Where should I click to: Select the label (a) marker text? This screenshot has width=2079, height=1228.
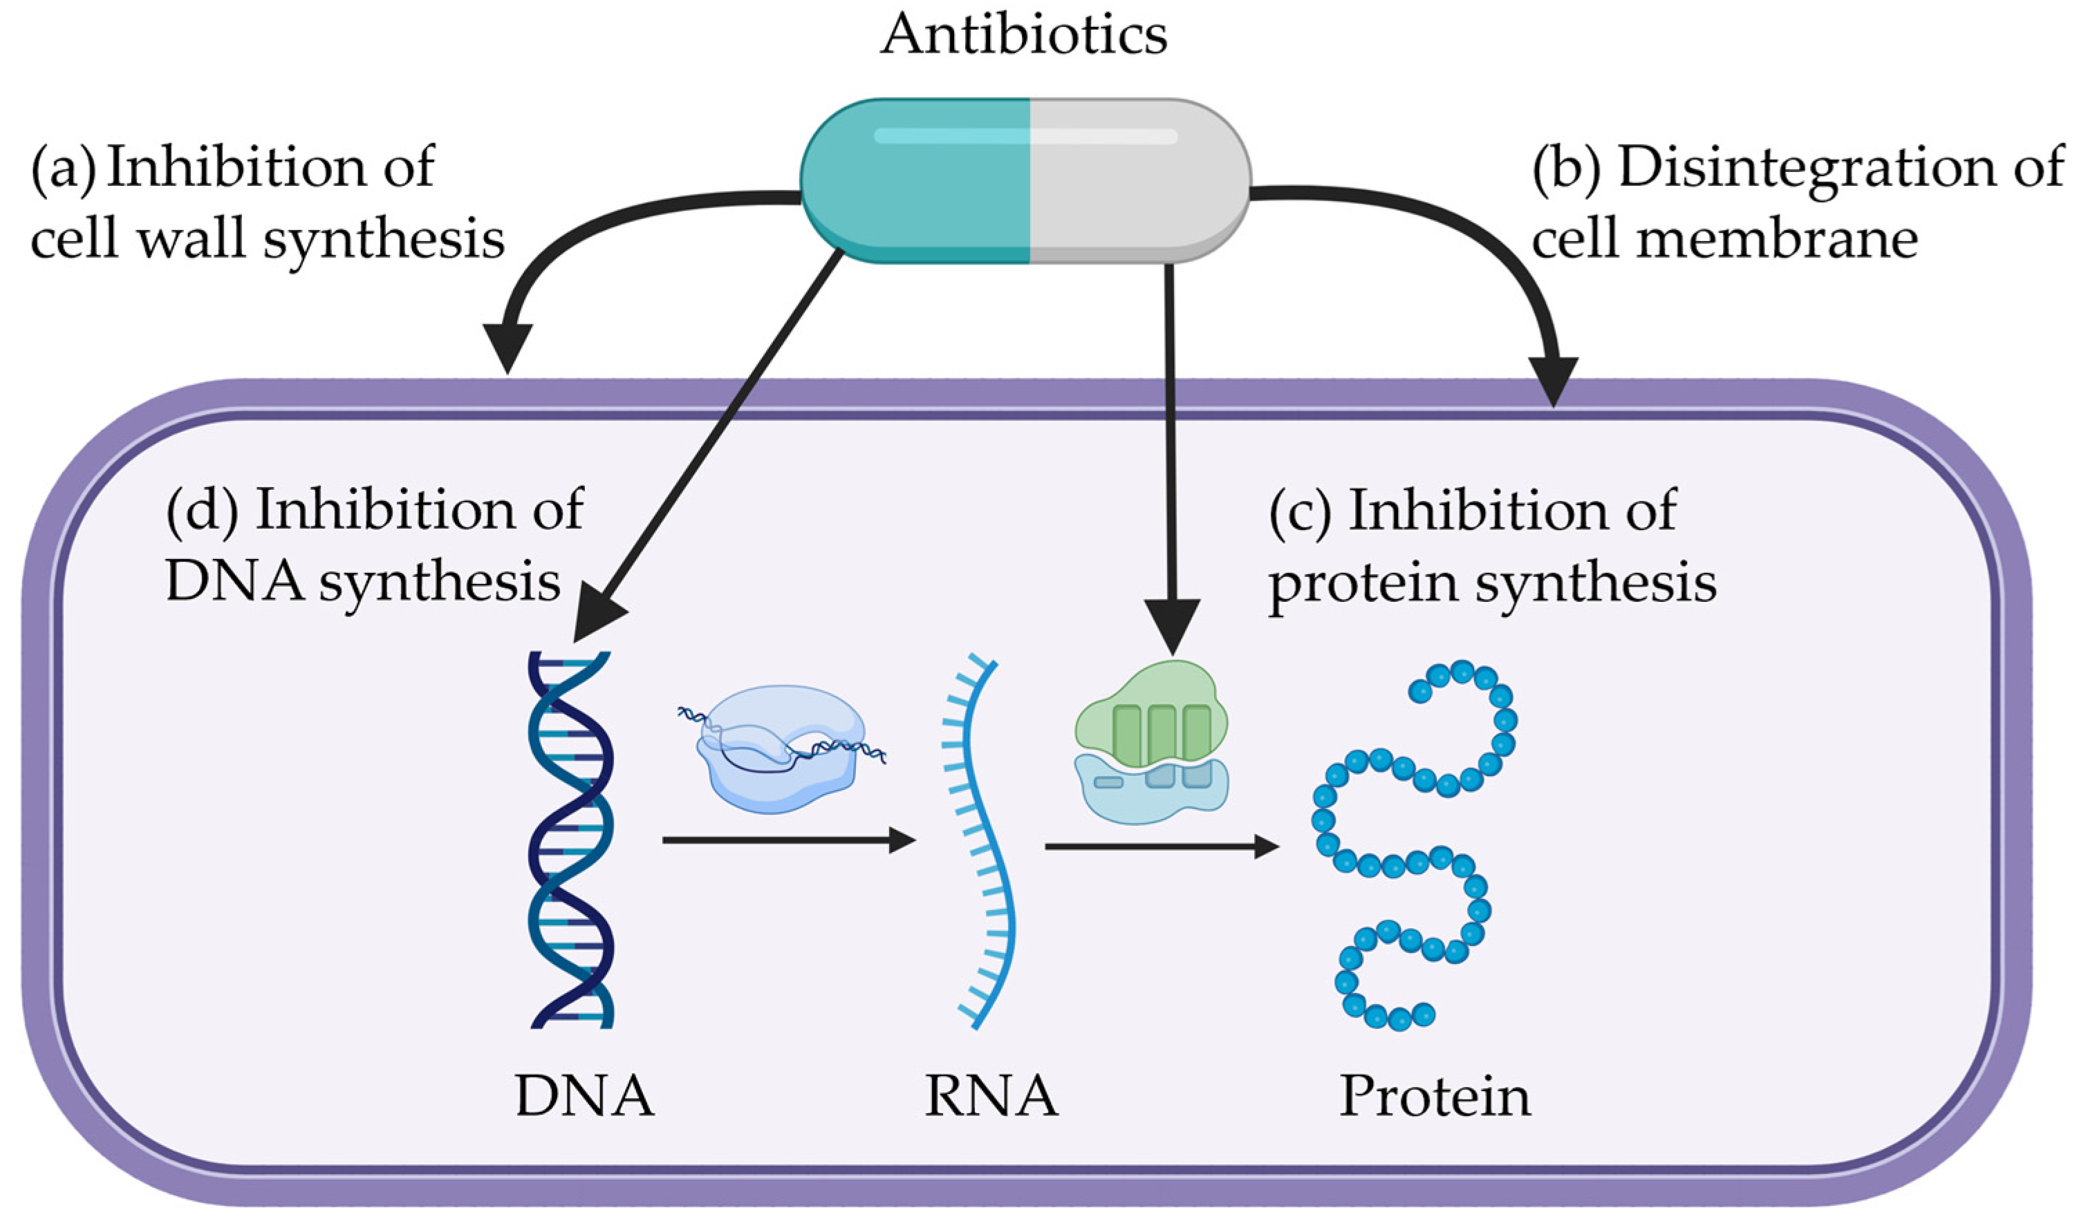pyautogui.click(x=63, y=168)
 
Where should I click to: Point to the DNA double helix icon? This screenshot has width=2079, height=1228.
pyautogui.click(x=571, y=840)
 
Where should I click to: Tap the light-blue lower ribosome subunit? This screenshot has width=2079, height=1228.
pyautogui.click(x=1150, y=791)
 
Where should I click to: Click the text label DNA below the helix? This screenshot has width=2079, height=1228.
pyautogui.click(x=584, y=1097)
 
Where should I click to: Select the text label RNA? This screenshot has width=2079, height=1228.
pyautogui.click(x=991, y=1097)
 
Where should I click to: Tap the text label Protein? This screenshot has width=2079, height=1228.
pyautogui.click(x=1434, y=1097)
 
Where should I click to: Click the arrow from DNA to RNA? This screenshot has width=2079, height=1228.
pyautogui.click(x=786, y=841)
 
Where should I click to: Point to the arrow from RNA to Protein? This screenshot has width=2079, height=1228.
pyautogui.click(x=1159, y=847)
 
